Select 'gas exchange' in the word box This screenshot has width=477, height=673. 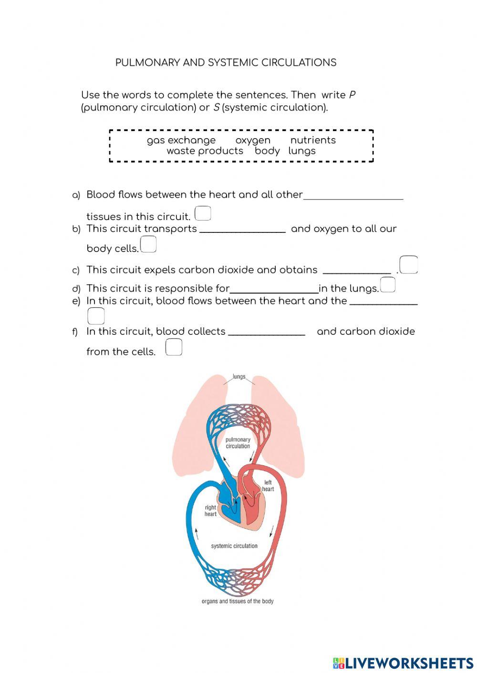pyautogui.click(x=181, y=141)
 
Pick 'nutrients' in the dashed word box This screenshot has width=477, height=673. pyautogui.click(x=313, y=141)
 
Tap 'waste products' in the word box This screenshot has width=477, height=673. pyautogui.click(x=205, y=151)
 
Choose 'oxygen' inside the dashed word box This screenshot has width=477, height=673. pyautogui.click(x=253, y=141)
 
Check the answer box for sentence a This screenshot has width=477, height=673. pyautogui.click(x=203, y=213)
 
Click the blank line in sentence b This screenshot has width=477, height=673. pyautogui.click(x=242, y=231)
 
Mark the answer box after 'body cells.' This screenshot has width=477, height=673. pyautogui.click(x=148, y=245)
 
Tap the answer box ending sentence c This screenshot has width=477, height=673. pyautogui.click(x=409, y=265)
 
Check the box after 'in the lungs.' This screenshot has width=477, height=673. pyautogui.click(x=388, y=285)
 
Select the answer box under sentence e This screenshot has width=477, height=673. pyautogui.click(x=96, y=316)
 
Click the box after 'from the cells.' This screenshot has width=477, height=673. pyautogui.click(x=174, y=347)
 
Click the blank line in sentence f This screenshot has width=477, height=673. pyautogui.click(x=266, y=334)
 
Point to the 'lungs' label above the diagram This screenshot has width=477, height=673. pyautogui.click(x=239, y=377)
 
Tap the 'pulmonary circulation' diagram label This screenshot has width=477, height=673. pyautogui.click(x=238, y=443)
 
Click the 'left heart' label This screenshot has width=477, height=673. pyautogui.click(x=268, y=486)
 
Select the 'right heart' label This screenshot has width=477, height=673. pyautogui.click(x=210, y=511)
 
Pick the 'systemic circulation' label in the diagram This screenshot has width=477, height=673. pyautogui.click(x=234, y=546)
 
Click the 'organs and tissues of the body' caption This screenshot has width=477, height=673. pyautogui.click(x=238, y=602)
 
